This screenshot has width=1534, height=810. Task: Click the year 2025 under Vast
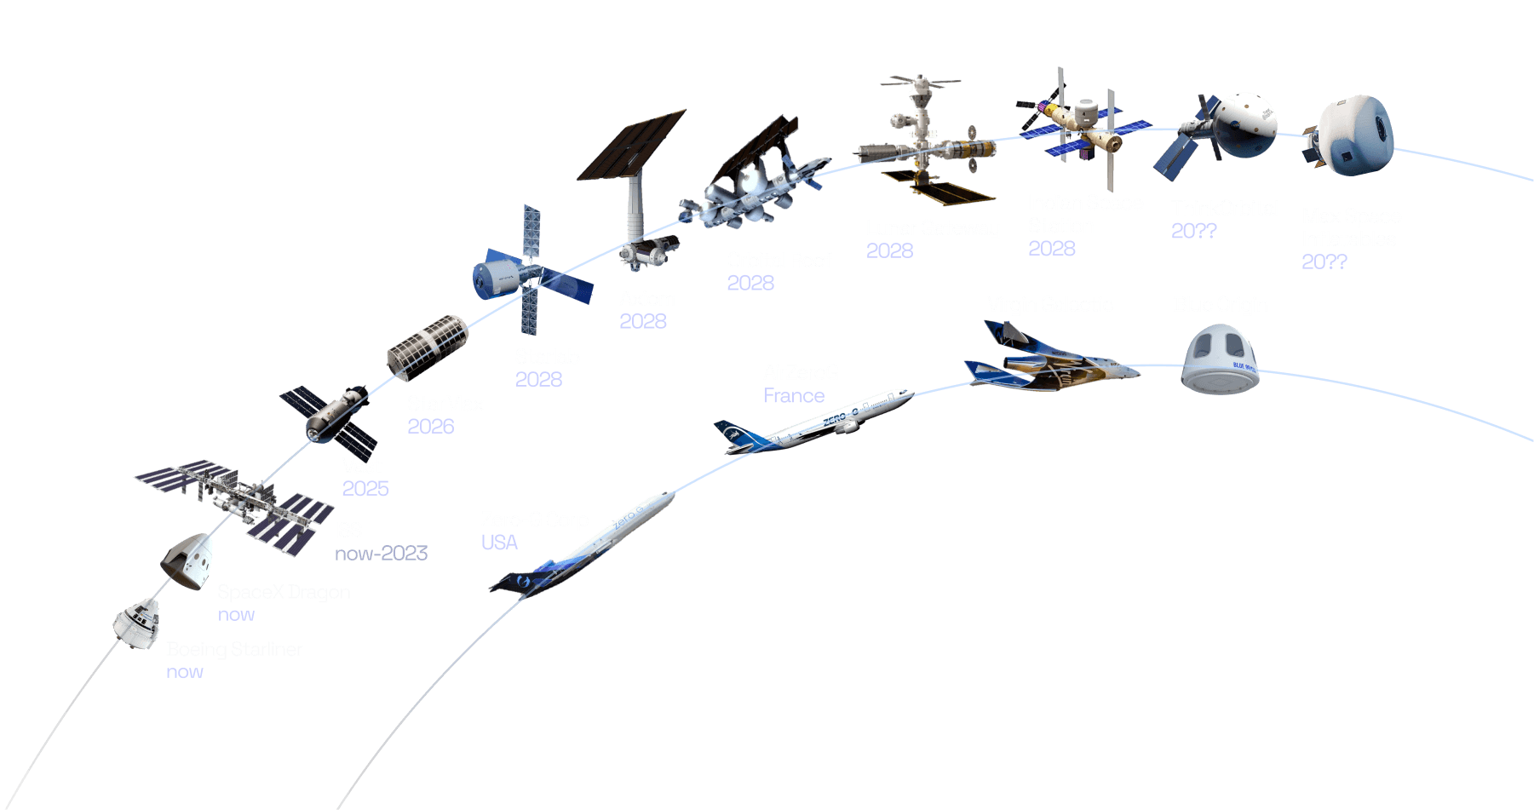point(365,488)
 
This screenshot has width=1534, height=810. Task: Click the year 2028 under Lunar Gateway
point(889,250)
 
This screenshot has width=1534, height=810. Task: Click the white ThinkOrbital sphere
point(1245,124)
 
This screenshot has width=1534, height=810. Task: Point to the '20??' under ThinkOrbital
point(1193,231)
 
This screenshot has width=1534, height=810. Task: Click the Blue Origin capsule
point(1221,359)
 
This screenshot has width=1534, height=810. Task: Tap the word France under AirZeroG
point(794,395)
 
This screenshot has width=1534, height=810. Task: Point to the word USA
point(499,543)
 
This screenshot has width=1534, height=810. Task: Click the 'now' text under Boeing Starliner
point(185,672)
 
